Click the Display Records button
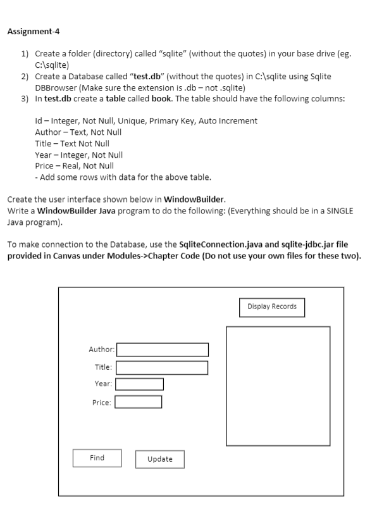pos(271,307)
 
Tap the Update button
pos(159,459)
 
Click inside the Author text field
pos(163,350)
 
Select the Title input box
pos(162,367)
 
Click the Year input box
pos(139,384)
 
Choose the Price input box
pos(138,402)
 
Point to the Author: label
pos(101,349)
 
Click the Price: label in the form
pos(102,402)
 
